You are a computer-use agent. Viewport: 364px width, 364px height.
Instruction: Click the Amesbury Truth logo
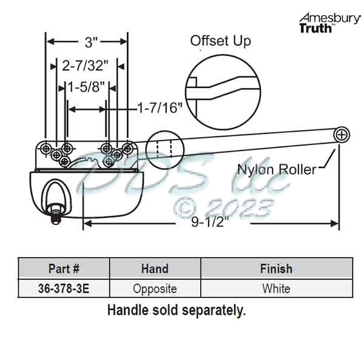(x=329, y=22)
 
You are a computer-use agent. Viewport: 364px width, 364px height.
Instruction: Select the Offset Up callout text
(x=220, y=41)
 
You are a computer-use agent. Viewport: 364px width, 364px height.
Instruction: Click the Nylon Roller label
(x=276, y=169)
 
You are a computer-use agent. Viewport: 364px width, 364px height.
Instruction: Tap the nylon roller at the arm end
(x=343, y=134)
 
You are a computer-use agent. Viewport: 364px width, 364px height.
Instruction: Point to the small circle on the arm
(x=164, y=148)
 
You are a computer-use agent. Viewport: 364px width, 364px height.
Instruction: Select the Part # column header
(x=64, y=268)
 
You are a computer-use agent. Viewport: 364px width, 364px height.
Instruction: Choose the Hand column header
(x=155, y=268)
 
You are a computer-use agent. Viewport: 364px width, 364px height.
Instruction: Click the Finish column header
(x=276, y=268)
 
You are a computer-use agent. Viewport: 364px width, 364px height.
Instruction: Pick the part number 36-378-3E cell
(x=64, y=288)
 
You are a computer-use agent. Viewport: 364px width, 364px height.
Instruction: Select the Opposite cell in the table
(x=155, y=288)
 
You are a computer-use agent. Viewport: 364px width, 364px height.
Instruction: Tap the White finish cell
(x=276, y=288)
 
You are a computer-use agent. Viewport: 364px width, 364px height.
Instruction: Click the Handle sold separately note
(x=176, y=310)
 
